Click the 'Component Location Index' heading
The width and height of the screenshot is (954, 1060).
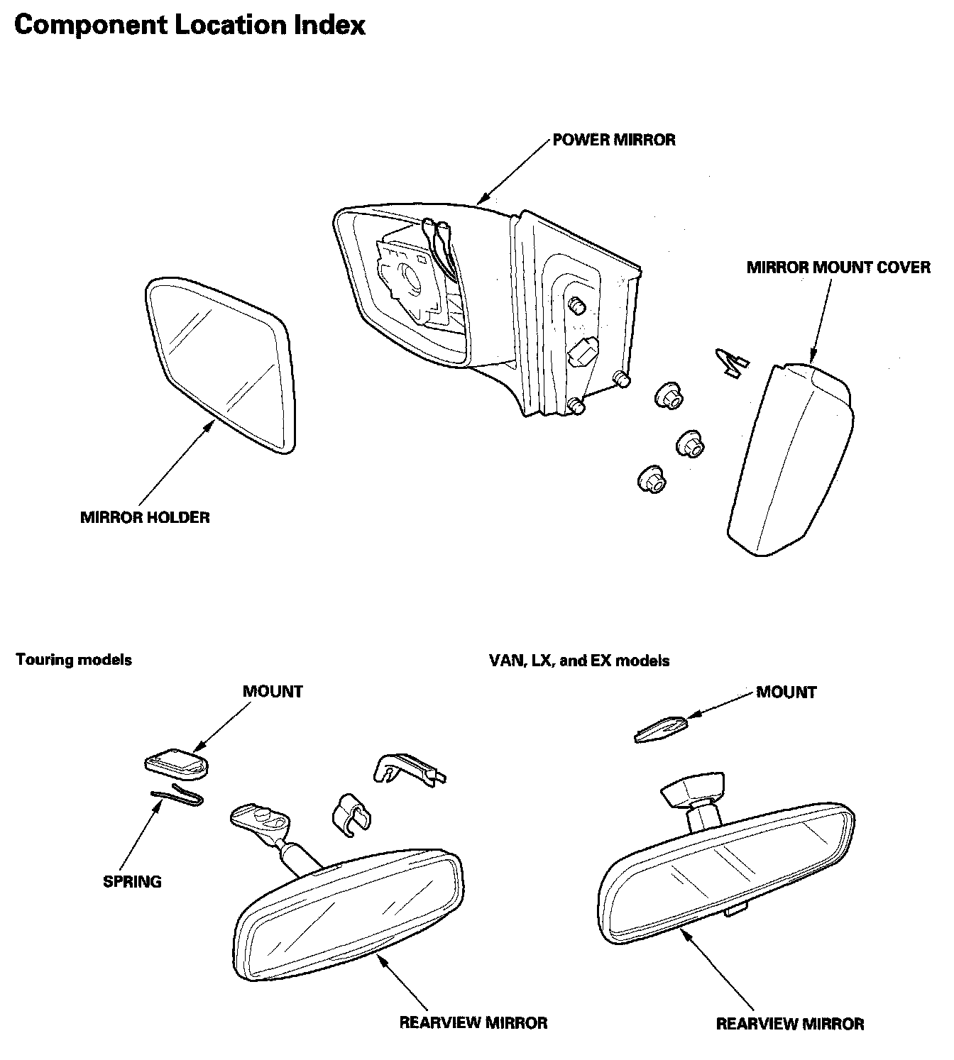pyautogui.click(x=190, y=26)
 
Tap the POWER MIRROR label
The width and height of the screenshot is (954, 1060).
pyautogui.click(x=614, y=140)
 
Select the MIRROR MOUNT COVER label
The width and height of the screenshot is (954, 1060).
pyautogui.click(x=838, y=267)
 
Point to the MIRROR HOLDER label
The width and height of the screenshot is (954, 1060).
pyautogui.click(x=145, y=517)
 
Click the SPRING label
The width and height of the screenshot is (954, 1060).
pyautogui.click(x=132, y=882)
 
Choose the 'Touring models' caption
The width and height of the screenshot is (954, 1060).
pyautogui.click(x=74, y=660)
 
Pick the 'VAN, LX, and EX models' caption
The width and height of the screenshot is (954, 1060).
pyautogui.click(x=579, y=661)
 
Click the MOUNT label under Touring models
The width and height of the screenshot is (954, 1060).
pyautogui.click(x=273, y=691)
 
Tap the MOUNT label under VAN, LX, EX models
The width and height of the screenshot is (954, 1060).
pyautogui.click(x=786, y=692)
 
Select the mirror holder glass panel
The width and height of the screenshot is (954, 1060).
pyautogui.click(x=220, y=362)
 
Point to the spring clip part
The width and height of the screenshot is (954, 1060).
pyautogui.click(x=177, y=797)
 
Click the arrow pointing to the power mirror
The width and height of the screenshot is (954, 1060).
pyautogui.click(x=515, y=170)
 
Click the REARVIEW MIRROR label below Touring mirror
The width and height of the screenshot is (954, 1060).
pyautogui.click(x=473, y=1022)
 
